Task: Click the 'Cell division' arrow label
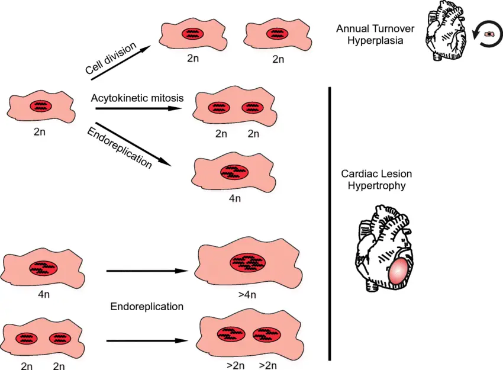pos(110,59)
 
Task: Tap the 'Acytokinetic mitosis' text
pos(137,98)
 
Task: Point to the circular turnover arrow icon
pos(489,34)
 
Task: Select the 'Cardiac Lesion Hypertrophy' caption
pos(376,179)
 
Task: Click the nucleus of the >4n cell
pos(248,263)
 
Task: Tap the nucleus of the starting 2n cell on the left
pos(41,107)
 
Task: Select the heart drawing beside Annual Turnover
pos(445,31)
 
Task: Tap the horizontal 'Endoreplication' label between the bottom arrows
pos(147,307)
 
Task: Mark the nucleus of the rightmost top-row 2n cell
pos(278,34)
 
